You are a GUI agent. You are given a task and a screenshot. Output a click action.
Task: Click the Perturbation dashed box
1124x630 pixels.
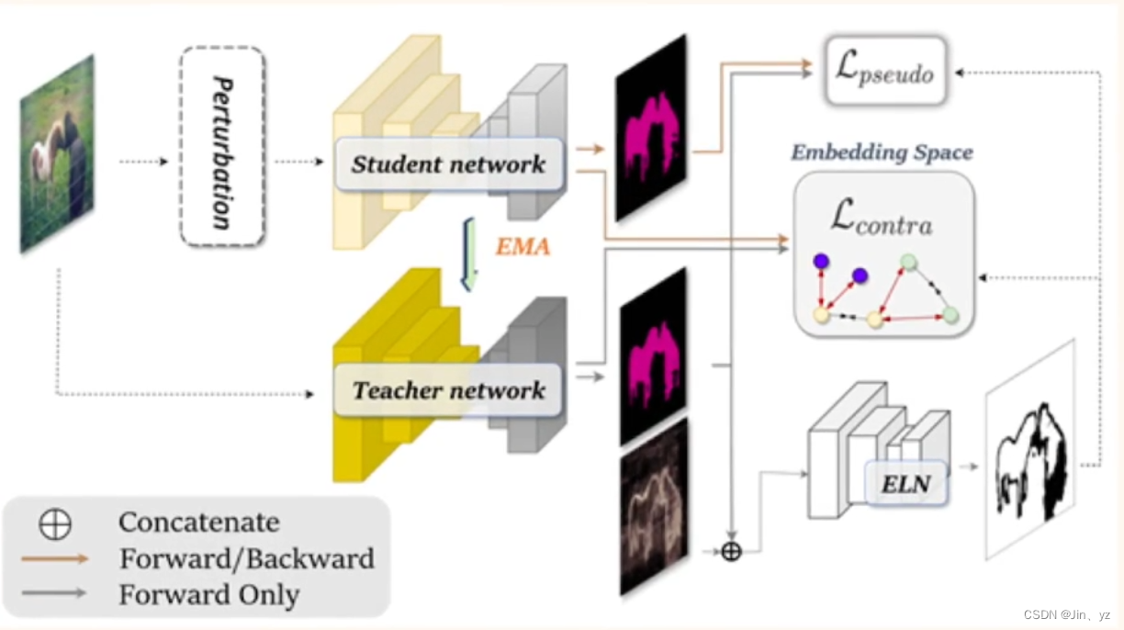[223, 146]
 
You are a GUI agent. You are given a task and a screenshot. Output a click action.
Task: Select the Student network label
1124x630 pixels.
[448, 164]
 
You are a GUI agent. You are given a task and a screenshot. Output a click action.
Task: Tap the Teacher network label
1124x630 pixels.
[448, 390]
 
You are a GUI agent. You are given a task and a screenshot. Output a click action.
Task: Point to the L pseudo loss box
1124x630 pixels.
[886, 70]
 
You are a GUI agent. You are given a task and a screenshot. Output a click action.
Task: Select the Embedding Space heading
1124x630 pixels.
[882, 152]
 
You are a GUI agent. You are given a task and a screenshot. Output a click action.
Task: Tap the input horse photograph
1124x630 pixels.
[58, 153]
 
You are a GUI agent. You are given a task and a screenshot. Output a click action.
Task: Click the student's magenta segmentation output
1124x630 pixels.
[651, 129]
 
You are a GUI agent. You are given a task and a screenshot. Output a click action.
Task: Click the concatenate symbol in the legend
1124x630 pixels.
[55, 523]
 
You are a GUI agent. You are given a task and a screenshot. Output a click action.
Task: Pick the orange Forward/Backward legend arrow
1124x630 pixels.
[55, 558]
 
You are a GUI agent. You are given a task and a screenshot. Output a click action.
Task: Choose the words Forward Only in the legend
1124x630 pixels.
[208, 594]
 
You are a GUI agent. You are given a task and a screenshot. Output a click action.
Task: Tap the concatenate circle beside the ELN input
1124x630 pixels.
[731, 552]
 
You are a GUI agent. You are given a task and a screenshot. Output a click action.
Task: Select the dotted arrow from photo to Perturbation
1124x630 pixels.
[143, 162]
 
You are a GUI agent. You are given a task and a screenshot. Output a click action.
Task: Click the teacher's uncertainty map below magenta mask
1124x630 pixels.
[653, 504]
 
